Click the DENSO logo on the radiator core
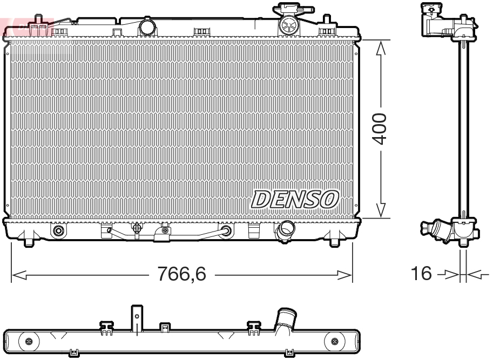tap(294, 199)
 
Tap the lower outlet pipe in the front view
tap(283, 233)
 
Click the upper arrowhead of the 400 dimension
tap(381, 49)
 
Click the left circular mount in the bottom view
tap(28, 341)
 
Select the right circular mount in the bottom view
tap(334, 341)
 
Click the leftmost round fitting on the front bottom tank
tap(58, 231)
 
